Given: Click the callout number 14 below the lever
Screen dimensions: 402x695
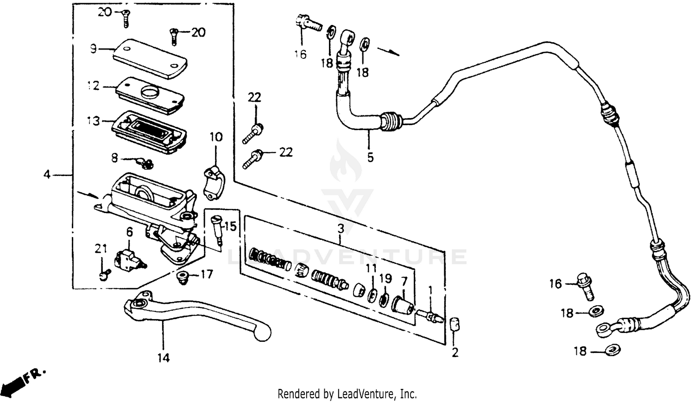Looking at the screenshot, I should [x=163, y=358].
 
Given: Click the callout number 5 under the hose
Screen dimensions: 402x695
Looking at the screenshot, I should [x=370, y=157].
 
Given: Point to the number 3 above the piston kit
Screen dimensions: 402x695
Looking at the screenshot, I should [x=341, y=228].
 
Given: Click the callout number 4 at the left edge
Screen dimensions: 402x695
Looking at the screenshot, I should [x=46, y=175].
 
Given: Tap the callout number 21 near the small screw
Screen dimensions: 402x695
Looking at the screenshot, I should [x=101, y=249].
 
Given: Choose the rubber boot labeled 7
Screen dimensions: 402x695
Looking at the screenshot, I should [x=402, y=306].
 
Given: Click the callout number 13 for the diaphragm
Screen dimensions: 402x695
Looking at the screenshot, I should [x=94, y=121].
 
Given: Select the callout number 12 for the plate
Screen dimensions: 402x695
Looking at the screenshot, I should [x=94, y=86].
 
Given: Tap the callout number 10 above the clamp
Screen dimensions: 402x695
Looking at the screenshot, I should [x=216, y=137].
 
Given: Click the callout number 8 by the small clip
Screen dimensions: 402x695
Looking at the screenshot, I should [x=114, y=158].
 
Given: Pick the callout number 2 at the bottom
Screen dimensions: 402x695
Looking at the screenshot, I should [x=455, y=352].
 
